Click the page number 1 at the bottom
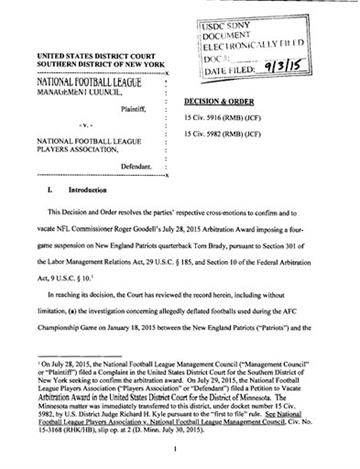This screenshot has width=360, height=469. (x=179, y=451)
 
